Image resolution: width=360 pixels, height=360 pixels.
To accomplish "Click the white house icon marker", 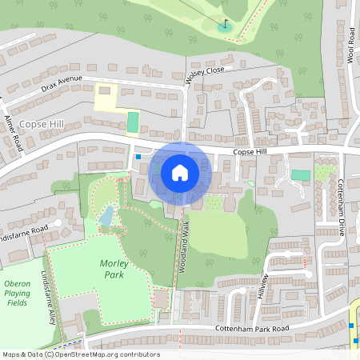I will coord(180,172).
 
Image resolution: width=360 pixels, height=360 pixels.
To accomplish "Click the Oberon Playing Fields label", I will coord(16,293).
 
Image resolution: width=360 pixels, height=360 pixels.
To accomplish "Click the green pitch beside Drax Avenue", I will coord(132,122).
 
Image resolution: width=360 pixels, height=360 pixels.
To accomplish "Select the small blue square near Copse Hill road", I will coord(138,157).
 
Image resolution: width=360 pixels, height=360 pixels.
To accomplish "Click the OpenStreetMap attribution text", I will coord(80,354).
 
